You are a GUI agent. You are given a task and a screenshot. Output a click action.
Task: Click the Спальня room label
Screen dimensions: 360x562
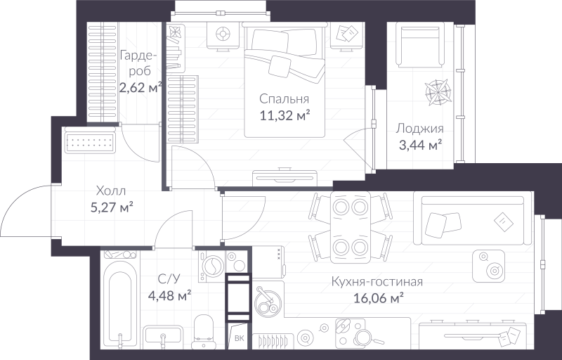tap(284, 98)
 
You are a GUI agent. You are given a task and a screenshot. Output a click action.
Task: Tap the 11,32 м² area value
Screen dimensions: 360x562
tap(284, 115)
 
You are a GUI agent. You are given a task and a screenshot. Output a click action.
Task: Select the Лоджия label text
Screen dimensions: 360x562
tap(419, 129)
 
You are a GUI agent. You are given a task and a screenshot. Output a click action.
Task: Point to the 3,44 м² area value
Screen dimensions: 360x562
tap(419, 145)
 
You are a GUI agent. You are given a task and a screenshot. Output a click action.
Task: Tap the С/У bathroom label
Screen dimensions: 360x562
tap(169, 278)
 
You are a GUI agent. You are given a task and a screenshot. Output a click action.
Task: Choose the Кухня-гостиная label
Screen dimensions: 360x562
tap(377, 282)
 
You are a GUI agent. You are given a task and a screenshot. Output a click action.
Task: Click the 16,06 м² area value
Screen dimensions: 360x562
tap(377, 298)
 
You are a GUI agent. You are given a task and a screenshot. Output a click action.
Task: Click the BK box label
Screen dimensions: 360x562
tap(240, 338)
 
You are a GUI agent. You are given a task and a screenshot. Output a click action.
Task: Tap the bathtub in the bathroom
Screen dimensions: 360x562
tap(121, 303)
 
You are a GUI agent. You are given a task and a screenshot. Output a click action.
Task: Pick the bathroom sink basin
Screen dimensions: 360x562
tap(163, 337)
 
